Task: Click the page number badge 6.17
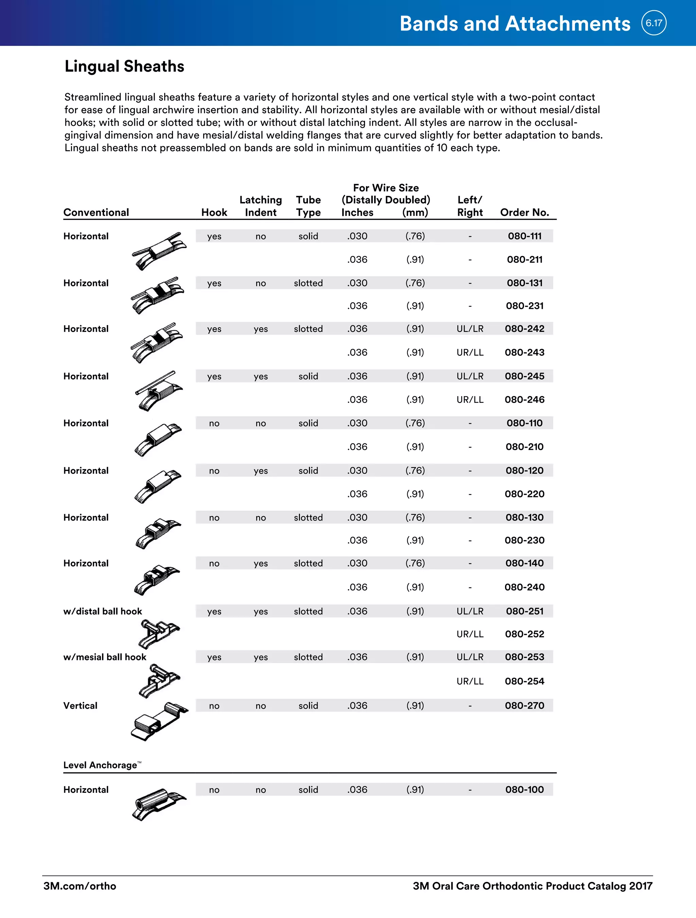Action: coord(654,23)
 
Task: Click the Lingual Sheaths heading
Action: coord(124,66)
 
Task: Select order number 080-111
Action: coord(524,236)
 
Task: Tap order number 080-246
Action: coord(524,400)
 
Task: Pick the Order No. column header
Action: coord(524,213)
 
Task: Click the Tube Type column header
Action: coord(308,206)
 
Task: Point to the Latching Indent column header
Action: coord(260,206)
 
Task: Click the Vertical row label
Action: coord(81,705)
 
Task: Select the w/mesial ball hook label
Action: coord(105,657)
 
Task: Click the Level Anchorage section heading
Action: coord(100,765)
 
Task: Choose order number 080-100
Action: coord(524,789)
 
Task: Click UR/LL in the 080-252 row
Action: coord(470,634)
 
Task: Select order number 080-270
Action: coord(524,705)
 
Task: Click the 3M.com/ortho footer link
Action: coord(80,886)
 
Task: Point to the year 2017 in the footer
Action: coord(640,886)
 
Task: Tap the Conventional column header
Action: coord(96,213)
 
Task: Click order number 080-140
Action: coord(524,563)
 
